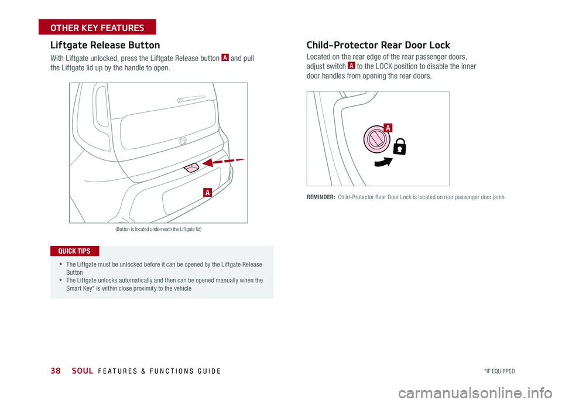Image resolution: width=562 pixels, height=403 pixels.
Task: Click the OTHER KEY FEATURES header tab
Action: (x=97, y=28)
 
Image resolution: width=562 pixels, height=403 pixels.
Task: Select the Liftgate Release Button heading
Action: (x=105, y=45)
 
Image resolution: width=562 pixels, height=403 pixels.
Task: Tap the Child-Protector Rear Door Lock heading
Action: (x=378, y=45)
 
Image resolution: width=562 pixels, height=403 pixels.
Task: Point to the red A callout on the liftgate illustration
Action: (x=208, y=192)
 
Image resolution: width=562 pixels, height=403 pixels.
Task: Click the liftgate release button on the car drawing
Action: (x=191, y=168)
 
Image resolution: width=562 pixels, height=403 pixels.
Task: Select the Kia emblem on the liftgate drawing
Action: (x=182, y=141)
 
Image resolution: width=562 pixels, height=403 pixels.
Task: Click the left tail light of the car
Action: (x=102, y=106)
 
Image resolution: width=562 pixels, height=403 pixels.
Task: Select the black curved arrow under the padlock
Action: (x=383, y=162)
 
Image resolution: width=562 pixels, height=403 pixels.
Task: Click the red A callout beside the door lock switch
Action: (x=388, y=127)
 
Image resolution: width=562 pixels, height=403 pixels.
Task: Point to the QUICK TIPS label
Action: (x=74, y=251)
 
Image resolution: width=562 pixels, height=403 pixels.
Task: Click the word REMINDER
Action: (x=320, y=197)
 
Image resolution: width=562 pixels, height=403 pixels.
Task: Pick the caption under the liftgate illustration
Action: (x=158, y=229)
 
